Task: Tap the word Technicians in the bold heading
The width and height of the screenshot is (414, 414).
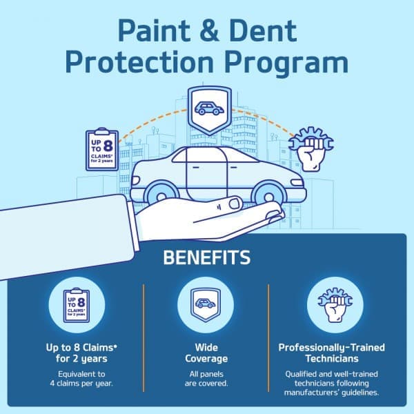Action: coord(331,359)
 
